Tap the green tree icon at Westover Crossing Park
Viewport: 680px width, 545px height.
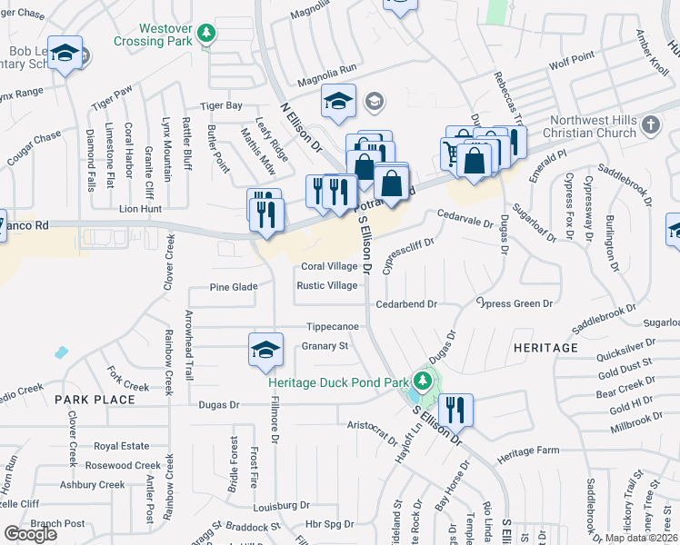pos(207,34)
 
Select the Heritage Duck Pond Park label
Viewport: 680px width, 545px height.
pos(338,382)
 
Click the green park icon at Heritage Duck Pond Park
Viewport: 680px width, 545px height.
pos(420,381)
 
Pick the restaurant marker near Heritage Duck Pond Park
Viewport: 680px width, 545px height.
pos(455,410)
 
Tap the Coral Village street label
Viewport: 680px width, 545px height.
pos(329,267)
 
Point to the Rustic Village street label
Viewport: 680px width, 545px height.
pos(327,285)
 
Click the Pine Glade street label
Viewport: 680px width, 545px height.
pos(234,287)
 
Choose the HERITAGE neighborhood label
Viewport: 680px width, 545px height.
pos(545,348)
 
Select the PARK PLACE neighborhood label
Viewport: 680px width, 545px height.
pos(88,400)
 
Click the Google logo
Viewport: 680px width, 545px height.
pos(31,533)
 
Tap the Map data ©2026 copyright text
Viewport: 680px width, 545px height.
pos(641,538)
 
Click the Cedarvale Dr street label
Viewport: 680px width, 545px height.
pos(464,218)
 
